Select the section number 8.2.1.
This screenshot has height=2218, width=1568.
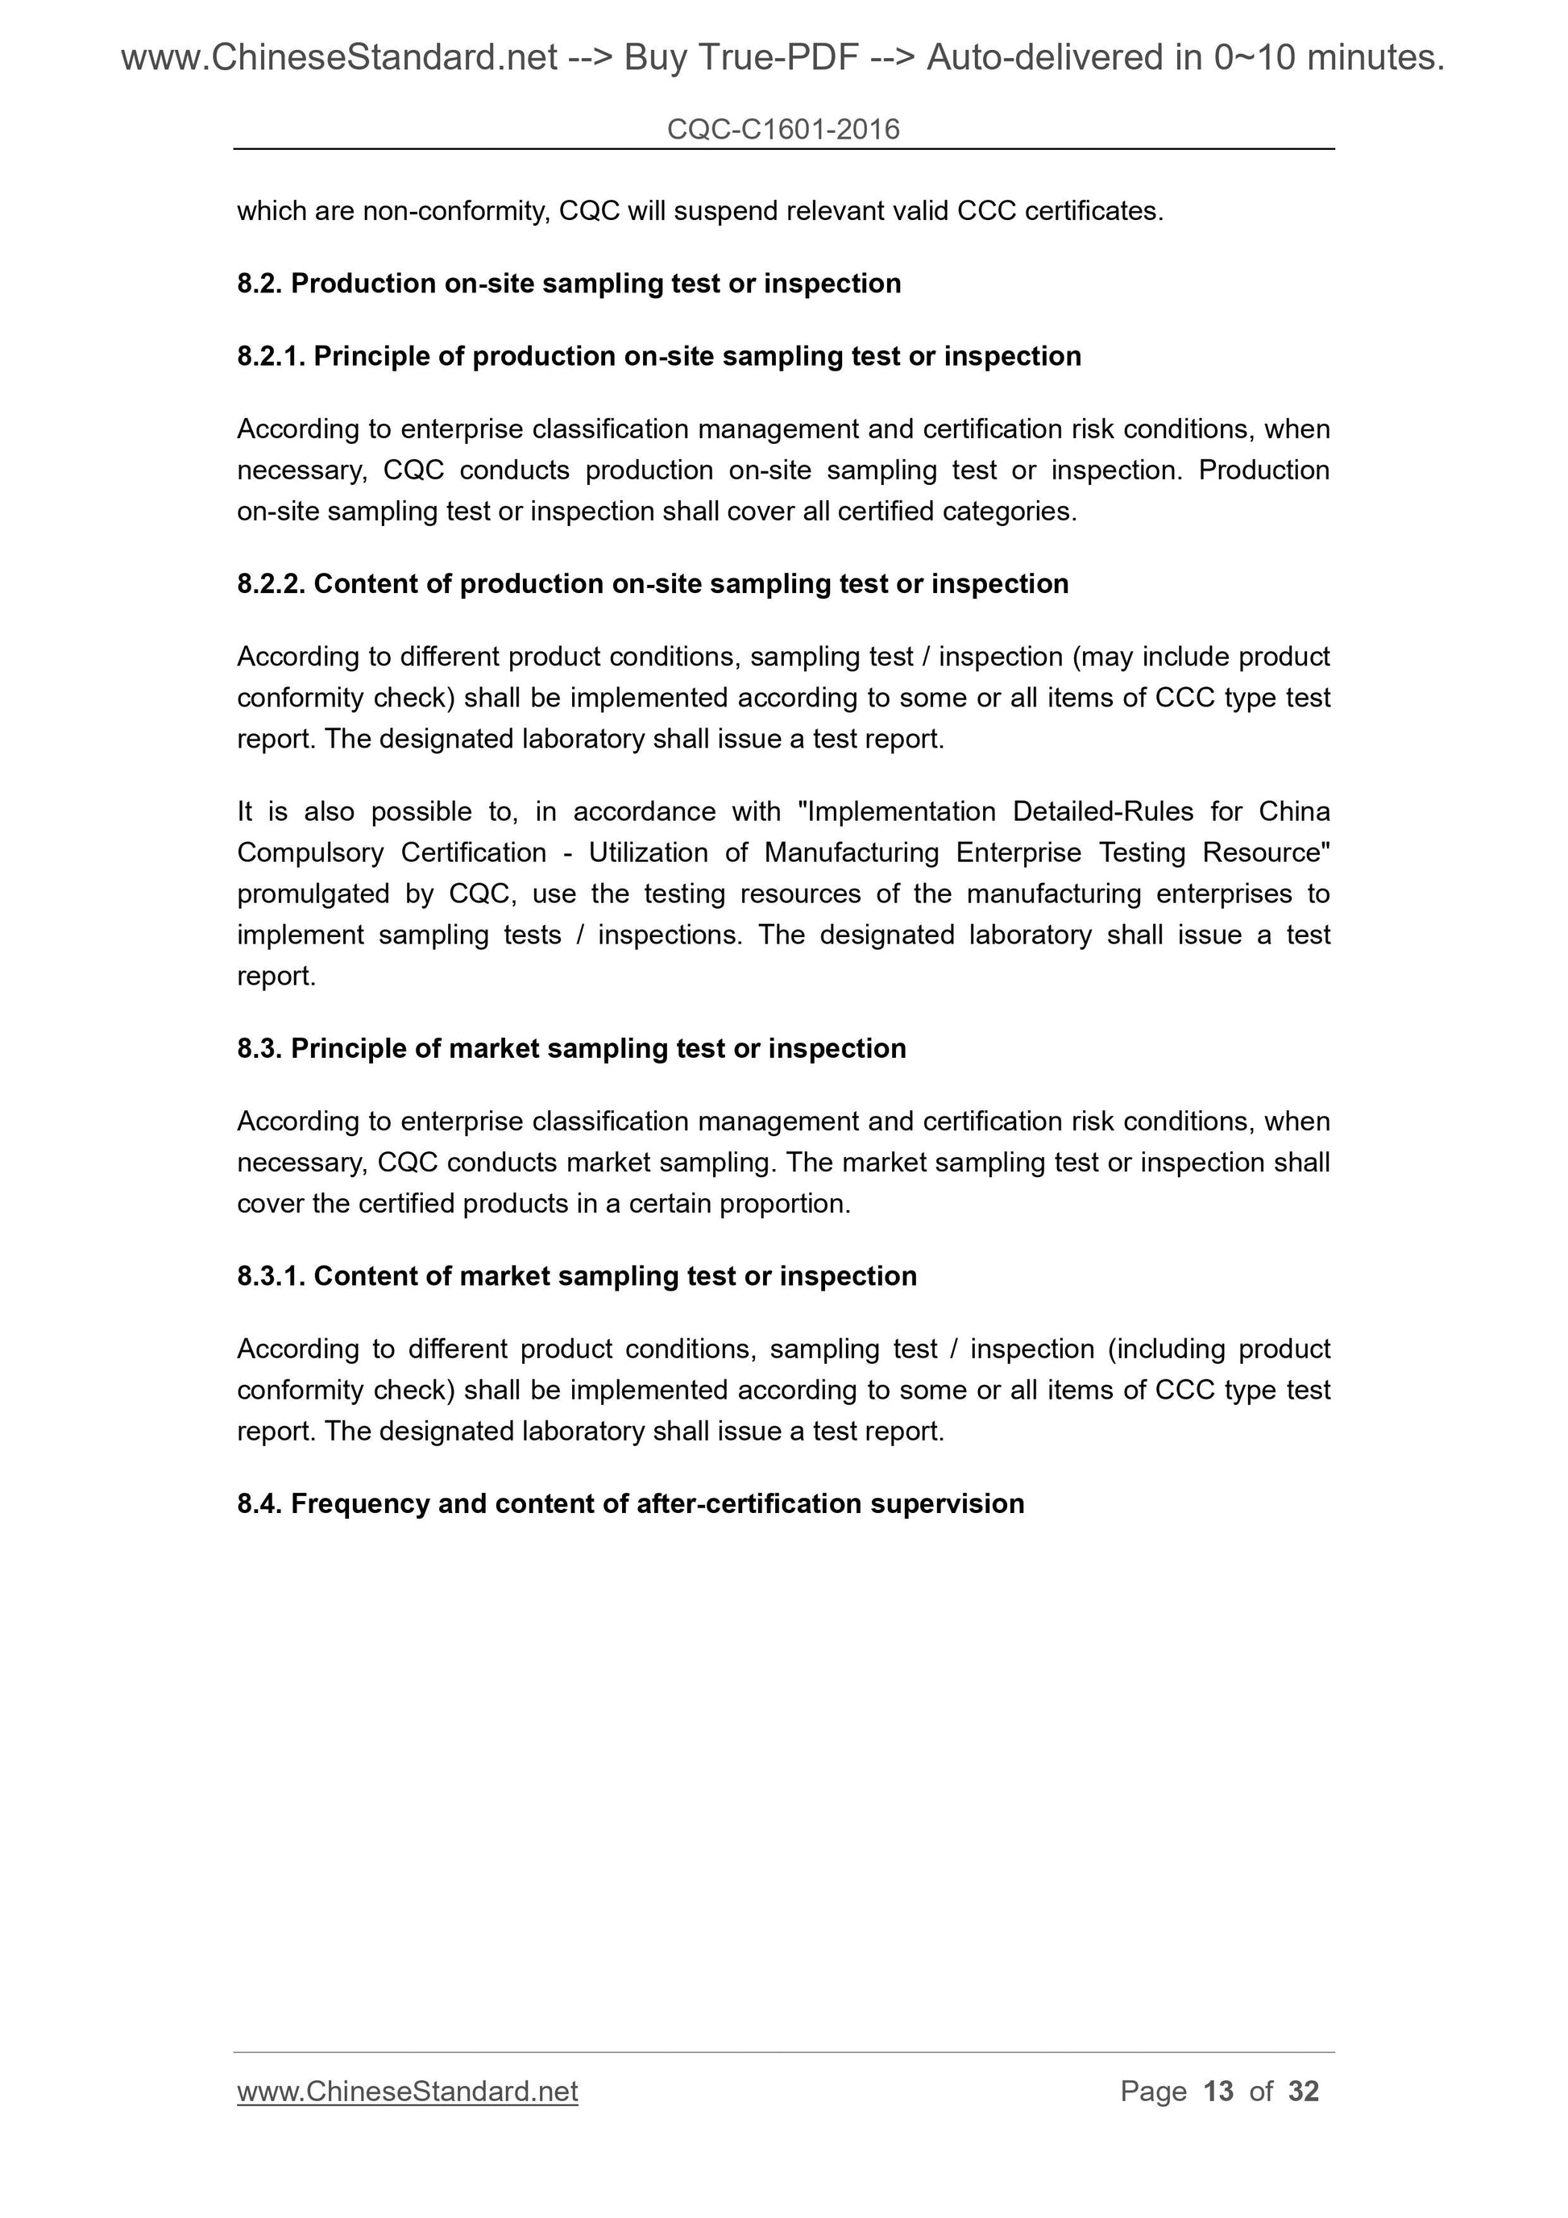point(272,356)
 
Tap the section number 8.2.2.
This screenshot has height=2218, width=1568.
point(272,583)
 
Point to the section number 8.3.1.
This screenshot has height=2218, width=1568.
point(272,1276)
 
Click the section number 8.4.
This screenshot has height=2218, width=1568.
point(260,1503)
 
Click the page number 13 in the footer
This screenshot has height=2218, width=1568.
point(1218,2092)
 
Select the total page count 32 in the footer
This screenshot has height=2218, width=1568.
point(1303,2092)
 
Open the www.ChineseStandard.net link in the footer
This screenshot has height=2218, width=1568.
point(407,2092)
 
